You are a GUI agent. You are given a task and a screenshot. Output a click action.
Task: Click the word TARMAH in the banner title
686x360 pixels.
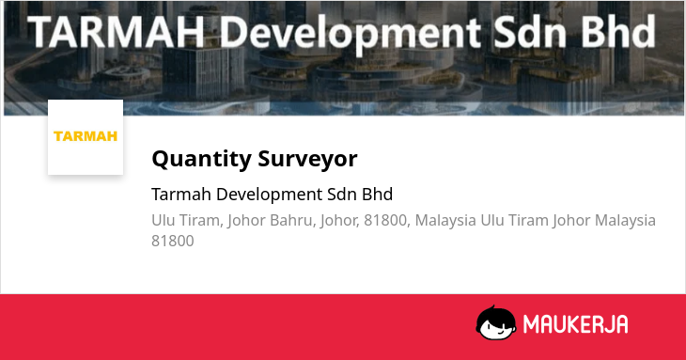pos(117,33)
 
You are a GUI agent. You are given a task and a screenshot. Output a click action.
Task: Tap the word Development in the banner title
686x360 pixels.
pos(350,34)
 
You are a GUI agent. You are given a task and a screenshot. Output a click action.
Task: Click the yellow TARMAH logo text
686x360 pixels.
pos(86,136)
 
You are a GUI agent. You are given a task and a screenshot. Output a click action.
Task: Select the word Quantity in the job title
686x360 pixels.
pos(201,159)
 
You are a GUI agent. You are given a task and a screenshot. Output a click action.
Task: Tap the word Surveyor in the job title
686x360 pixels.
pos(307,159)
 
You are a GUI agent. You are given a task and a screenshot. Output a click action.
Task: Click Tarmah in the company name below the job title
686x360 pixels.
pos(181,195)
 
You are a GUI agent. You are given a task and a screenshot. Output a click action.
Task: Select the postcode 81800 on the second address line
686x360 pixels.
pos(172,241)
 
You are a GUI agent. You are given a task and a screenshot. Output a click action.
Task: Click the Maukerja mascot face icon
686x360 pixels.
pos(495,323)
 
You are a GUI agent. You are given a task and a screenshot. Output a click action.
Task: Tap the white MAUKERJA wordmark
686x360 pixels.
pos(576,324)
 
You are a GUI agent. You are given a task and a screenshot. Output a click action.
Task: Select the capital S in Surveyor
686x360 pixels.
pos(264,159)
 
